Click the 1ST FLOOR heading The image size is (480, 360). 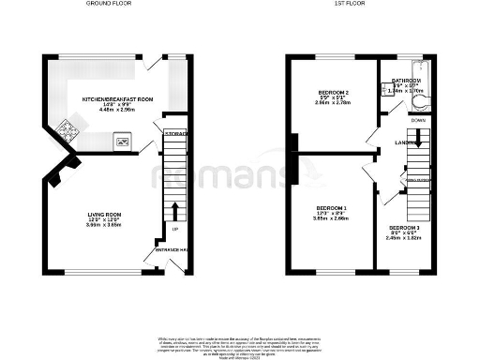(348, 4)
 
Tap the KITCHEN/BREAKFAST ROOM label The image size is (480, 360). (117, 98)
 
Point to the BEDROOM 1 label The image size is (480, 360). (331, 207)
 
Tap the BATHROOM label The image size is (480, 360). (406, 81)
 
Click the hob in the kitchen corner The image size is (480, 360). (67, 130)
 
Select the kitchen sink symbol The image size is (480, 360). (122, 142)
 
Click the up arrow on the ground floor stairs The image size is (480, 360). (175, 208)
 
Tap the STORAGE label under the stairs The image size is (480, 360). (175, 134)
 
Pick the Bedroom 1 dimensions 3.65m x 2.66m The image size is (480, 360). (331, 218)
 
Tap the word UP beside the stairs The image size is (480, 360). (174, 229)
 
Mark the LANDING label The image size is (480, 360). (405, 142)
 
